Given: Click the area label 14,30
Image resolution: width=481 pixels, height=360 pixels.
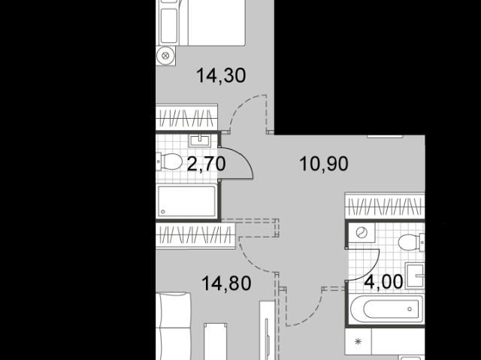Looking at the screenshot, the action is (221, 76).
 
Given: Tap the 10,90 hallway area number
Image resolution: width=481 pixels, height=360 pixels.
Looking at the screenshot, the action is (324, 164).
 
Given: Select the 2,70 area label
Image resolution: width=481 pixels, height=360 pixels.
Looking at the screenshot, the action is (206, 164).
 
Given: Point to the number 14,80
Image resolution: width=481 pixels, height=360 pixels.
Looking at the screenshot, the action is (226, 283).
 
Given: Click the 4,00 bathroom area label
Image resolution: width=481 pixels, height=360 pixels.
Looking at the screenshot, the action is (383, 282).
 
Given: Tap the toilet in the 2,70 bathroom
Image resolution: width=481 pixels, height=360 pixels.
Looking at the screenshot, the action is (169, 162).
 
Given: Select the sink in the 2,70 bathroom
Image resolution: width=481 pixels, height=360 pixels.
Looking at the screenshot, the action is (200, 141).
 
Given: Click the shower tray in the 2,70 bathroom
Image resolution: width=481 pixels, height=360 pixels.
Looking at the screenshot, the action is (187, 201).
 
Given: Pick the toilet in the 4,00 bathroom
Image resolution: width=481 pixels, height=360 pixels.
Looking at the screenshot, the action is (411, 242).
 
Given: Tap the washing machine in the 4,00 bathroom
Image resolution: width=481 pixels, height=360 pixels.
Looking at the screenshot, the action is (362, 233).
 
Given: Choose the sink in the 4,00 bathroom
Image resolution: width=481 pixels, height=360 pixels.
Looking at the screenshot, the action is (416, 276).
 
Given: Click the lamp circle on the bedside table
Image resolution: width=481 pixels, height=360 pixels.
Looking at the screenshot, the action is (165, 56).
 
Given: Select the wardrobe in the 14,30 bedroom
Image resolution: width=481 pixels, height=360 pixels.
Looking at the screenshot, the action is (186, 116).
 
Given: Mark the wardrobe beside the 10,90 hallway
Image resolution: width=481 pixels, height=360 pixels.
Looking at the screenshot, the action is (385, 205).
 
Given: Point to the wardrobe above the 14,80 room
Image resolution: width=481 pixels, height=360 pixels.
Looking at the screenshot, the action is (195, 235).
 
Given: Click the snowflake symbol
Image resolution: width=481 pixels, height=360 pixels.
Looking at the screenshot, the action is (358, 341).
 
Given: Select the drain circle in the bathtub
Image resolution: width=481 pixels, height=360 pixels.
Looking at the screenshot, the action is (410, 309).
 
